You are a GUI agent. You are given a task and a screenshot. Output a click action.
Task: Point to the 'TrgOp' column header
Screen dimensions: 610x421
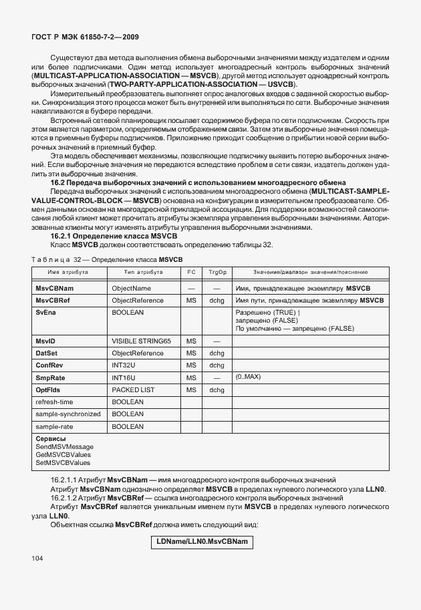217,273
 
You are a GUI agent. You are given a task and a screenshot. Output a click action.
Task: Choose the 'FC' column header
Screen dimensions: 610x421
191,273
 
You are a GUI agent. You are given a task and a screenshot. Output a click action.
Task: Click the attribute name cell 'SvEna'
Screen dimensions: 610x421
45,312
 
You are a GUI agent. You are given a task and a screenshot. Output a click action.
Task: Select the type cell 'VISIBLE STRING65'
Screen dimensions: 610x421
141,341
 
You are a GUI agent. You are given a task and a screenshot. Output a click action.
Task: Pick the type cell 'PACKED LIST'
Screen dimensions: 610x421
133,390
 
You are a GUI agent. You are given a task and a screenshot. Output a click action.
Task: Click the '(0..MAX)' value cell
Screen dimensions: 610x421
249,377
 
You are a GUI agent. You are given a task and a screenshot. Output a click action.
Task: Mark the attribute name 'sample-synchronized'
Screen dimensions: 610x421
68,414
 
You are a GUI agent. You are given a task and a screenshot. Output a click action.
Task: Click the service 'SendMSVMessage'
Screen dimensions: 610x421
64,446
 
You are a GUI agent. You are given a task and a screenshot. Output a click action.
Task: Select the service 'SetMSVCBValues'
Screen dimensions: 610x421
63,462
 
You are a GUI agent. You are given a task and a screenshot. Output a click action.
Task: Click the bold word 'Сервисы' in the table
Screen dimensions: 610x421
50,438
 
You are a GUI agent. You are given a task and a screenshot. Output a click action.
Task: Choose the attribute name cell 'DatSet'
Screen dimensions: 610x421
47,353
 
